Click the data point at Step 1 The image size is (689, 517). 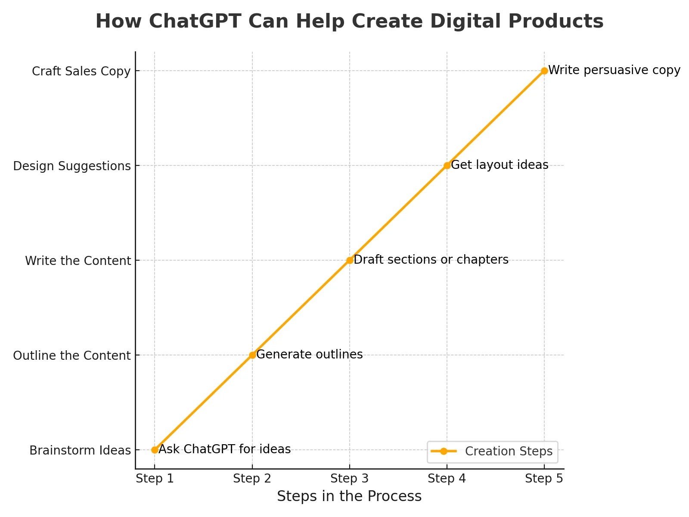(x=155, y=450)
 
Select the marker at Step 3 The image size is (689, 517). (x=350, y=260)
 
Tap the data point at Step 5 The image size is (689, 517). (x=544, y=71)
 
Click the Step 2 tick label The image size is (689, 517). (x=252, y=479)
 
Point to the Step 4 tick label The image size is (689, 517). (x=447, y=479)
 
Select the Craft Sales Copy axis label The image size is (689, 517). (x=81, y=72)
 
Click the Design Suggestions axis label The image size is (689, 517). (x=72, y=166)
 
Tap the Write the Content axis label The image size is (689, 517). (x=78, y=261)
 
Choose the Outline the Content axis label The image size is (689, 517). (x=72, y=356)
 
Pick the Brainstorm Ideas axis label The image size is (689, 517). (x=80, y=451)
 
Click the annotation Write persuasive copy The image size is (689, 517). (x=614, y=70)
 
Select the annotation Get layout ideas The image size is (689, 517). (x=500, y=165)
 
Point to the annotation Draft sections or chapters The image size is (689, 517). (x=431, y=260)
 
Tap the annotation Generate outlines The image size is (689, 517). (x=310, y=355)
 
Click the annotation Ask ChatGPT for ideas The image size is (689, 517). (x=225, y=449)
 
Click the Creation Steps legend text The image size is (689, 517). (x=509, y=452)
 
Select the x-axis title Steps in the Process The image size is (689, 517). (x=349, y=497)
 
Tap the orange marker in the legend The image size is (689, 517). (x=444, y=452)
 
